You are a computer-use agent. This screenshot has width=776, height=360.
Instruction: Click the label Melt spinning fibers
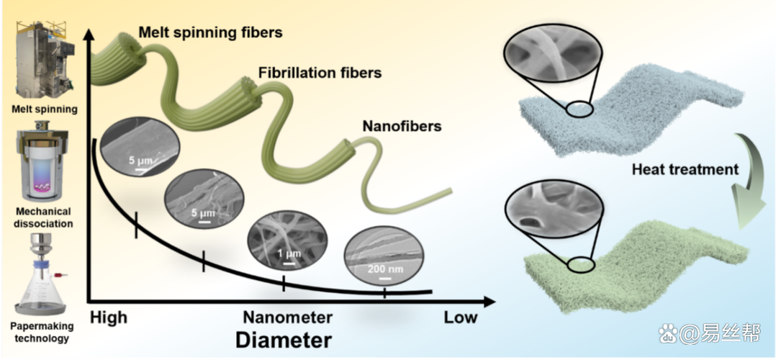coord(210,33)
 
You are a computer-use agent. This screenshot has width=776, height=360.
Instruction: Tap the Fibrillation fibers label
coord(320,73)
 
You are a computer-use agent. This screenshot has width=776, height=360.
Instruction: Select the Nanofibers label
coord(402,127)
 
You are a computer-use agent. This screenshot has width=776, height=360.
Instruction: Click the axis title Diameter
coord(283,341)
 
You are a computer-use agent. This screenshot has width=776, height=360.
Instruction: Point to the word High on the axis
coord(109,318)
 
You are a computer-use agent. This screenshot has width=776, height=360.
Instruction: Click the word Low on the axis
coord(461,318)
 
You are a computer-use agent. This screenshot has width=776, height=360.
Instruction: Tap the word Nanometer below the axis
coord(287,318)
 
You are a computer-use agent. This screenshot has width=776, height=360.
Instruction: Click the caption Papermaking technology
coord(42,332)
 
